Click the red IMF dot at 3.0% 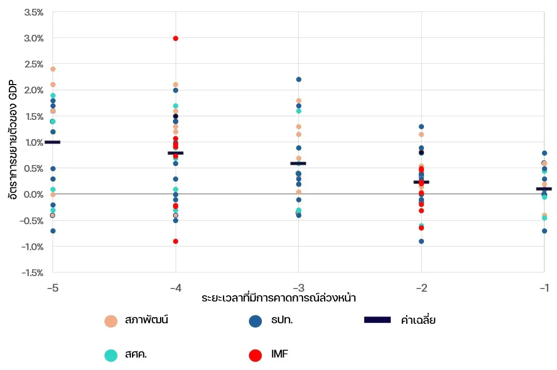(176, 38)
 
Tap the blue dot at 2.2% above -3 (299, 79)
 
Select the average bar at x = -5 (52, 142)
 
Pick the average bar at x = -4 (176, 153)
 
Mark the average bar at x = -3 (298, 163)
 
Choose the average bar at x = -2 (421, 182)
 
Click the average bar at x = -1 (544, 189)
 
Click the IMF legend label (280, 354)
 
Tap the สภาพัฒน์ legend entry (147, 320)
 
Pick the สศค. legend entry (136, 355)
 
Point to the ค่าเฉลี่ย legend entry (418, 320)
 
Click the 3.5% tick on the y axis (34, 12)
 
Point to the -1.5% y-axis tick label (32, 272)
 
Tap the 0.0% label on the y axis (34, 194)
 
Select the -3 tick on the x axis (298, 287)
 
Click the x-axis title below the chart (278, 298)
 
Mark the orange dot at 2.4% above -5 (52, 69)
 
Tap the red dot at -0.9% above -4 (176, 241)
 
